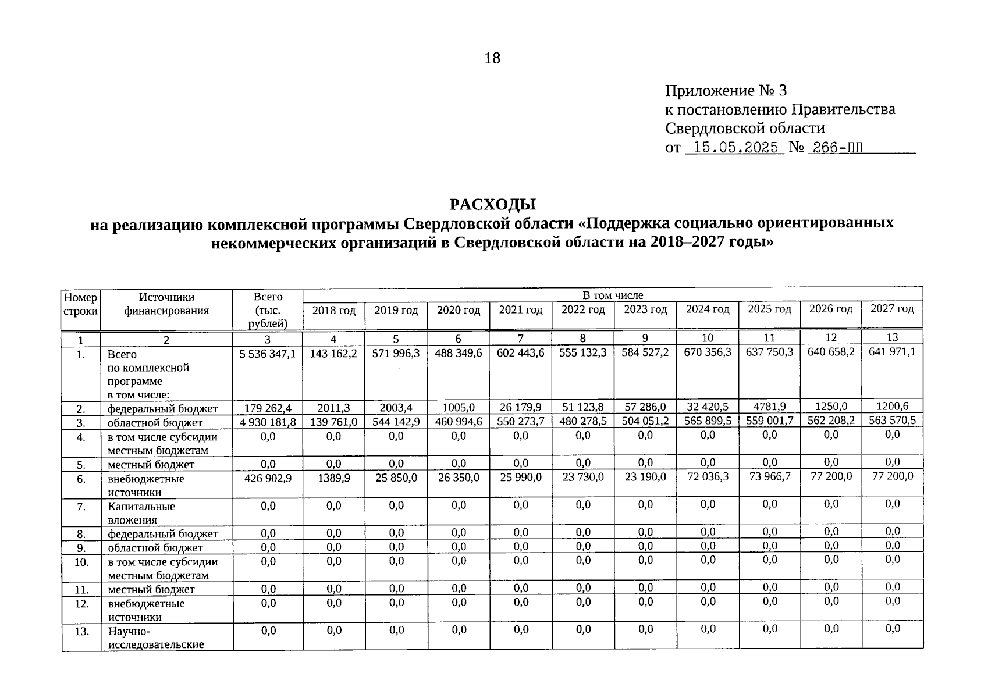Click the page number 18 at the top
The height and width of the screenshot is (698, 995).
click(x=492, y=58)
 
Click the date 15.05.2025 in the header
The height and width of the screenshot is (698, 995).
click(x=735, y=148)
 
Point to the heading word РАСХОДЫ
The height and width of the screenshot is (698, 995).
click(x=492, y=205)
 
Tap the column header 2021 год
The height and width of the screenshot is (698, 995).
click(x=520, y=310)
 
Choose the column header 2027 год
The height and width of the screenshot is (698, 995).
click(x=891, y=309)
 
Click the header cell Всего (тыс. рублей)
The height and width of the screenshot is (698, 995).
click(x=268, y=310)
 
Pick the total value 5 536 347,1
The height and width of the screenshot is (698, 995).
click(x=268, y=353)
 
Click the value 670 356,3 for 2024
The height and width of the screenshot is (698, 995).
click(x=708, y=352)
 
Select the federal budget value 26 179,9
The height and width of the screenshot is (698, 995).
click(x=520, y=407)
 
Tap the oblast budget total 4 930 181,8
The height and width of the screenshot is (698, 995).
click(x=268, y=422)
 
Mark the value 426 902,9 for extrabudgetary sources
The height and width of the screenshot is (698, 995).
click(x=268, y=478)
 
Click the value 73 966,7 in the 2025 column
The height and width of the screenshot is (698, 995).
click(x=769, y=477)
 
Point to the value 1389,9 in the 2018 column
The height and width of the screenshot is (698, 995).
click(x=333, y=478)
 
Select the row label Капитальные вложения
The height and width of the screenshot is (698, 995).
click(x=141, y=513)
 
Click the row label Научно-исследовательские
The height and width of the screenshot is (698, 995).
click(x=155, y=638)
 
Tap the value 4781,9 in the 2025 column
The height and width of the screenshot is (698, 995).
click(x=769, y=407)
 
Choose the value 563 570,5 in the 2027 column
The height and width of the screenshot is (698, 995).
click(x=891, y=421)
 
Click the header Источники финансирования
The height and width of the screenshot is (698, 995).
click(x=166, y=304)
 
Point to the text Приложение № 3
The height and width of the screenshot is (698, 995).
click(x=726, y=91)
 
